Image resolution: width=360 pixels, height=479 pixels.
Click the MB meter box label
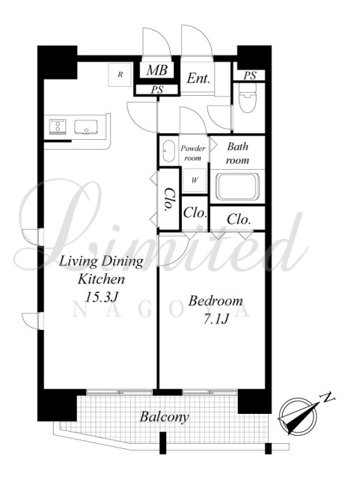[x=156, y=70]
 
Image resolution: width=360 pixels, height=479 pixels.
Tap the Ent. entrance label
[x=198, y=79]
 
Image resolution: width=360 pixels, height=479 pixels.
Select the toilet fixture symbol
[x=248, y=97]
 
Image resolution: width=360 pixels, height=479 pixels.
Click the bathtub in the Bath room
[x=238, y=186]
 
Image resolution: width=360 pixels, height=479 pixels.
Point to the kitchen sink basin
[x=86, y=126]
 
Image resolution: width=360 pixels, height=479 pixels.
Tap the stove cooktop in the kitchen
[x=58, y=126]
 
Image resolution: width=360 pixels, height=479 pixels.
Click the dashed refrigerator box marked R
[x=120, y=75]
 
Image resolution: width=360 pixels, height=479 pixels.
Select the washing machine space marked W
[x=195, y=180]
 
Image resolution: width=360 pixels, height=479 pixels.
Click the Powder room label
[x=193, y=153]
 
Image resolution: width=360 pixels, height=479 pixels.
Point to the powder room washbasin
[x=168, y=151]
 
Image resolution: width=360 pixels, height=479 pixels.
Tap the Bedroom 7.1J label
[x=216, y=309]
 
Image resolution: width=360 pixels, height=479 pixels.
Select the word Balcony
[x=165, y=417]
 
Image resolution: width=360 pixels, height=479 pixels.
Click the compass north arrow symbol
[x=299, y=416]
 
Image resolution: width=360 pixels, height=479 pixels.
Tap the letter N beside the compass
[x=328, y=398]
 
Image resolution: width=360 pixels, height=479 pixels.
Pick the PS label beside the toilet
[x=250, y=75]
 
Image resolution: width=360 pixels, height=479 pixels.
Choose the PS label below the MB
[x=156, y=90]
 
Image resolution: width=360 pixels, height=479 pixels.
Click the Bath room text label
[x=237, y=153]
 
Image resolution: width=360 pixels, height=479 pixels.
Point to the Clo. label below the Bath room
[x=239, y=219]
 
